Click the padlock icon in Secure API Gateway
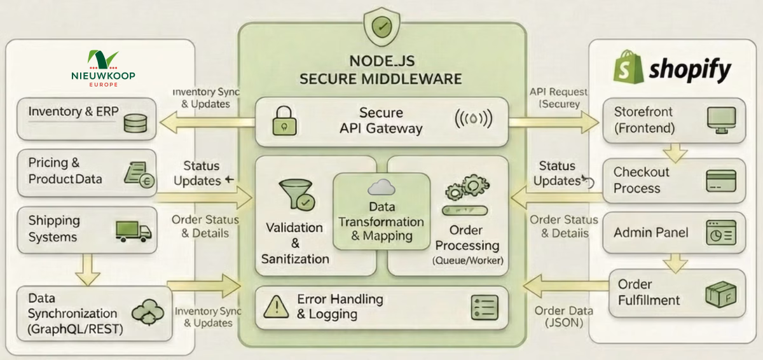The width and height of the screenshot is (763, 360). (282, 120)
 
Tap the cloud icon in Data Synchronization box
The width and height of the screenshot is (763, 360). (148, 312)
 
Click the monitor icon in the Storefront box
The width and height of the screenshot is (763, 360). (720, 120)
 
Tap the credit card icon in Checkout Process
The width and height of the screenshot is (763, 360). (720, 181)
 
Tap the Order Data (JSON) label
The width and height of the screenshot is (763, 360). (563, 317)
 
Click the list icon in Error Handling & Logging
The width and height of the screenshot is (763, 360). (485, 307)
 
